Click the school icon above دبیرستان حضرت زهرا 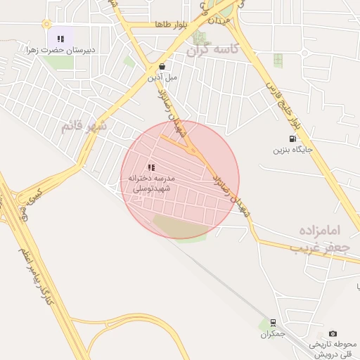60,39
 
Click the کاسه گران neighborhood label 214,50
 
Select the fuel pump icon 292,139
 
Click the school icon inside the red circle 151,167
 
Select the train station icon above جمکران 272,323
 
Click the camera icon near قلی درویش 333,333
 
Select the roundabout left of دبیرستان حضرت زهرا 46,24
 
